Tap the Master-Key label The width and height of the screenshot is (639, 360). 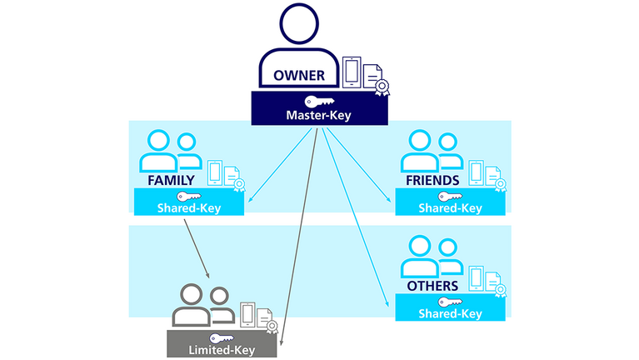320,114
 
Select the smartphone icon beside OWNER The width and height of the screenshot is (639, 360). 352,72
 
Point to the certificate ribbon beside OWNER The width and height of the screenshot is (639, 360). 382,87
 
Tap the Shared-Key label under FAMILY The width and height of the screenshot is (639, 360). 189,207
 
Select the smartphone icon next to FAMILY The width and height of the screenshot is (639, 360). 215,172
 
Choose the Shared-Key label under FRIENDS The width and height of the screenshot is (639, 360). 450,207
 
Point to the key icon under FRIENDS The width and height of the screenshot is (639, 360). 450,195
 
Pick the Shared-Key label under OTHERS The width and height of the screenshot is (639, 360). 450,313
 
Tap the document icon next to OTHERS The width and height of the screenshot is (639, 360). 492,280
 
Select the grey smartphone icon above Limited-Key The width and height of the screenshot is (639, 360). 247,314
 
